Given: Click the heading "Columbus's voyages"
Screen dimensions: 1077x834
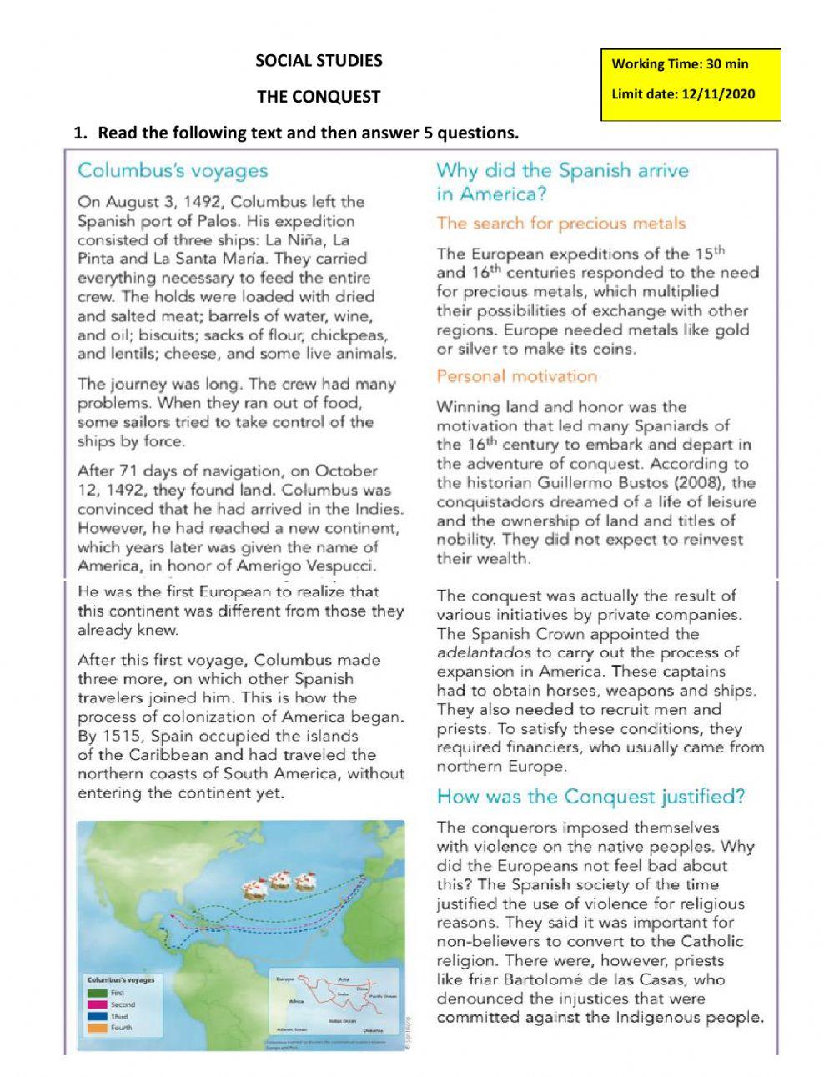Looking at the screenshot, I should [x=173, y=171].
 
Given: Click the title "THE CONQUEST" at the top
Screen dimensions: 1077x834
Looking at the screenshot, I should [x=318, y=97].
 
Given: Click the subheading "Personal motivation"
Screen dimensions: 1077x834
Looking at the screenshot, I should [x=516, y=376].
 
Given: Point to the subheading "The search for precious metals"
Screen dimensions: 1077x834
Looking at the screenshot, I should [x=560, y=224].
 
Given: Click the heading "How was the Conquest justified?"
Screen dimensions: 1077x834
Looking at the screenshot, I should [x=590, y=797].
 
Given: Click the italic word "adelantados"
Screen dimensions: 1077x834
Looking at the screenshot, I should [x=485, y=653].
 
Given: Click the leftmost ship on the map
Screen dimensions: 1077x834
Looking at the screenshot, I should [x=254, y=889].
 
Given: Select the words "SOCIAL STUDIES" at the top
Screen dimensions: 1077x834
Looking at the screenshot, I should [x=319, y=60].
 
